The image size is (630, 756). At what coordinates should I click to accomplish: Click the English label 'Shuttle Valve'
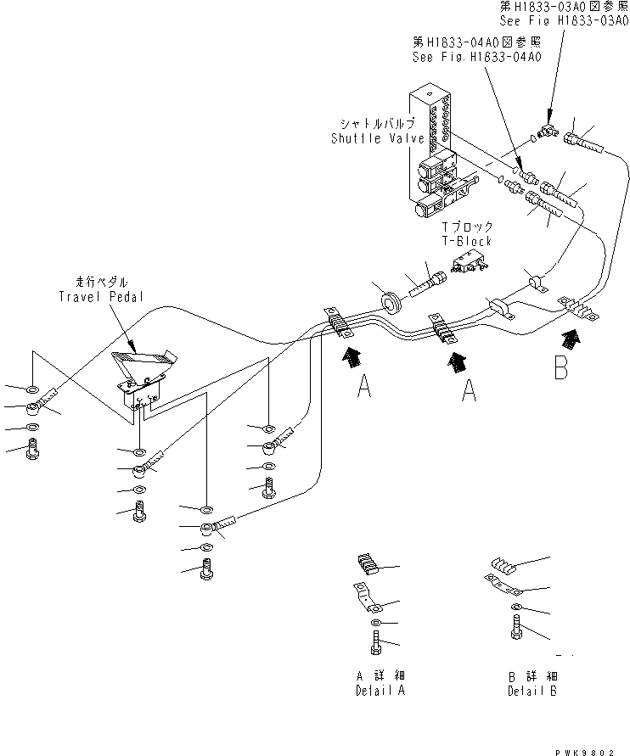(x=378, y=138)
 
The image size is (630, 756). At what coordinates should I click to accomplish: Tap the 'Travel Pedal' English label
(x=101, y=296)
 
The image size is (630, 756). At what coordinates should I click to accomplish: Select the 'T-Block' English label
(x=467, y=241)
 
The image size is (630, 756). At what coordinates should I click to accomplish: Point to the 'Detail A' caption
(x=380, y=691)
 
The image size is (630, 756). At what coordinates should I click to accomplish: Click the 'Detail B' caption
(x=532, y=691)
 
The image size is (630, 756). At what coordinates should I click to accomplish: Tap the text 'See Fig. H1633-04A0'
(x=476, y=57)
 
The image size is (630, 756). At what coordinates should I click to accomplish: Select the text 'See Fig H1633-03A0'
(x=565, y=20)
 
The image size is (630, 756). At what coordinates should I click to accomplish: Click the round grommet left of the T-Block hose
(x=391, y=303)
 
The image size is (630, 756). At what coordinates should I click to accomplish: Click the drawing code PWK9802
(x=585, y=752)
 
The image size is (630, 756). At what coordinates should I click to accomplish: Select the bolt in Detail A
(x=376, y=642)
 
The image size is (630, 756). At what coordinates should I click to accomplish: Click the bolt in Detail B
(x=515, y=628)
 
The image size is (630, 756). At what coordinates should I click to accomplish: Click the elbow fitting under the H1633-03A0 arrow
(x=548, y=130)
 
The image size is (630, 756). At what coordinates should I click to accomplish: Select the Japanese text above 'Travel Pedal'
(x=101, y=282)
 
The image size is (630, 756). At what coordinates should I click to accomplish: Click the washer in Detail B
(x=515, y=607)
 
